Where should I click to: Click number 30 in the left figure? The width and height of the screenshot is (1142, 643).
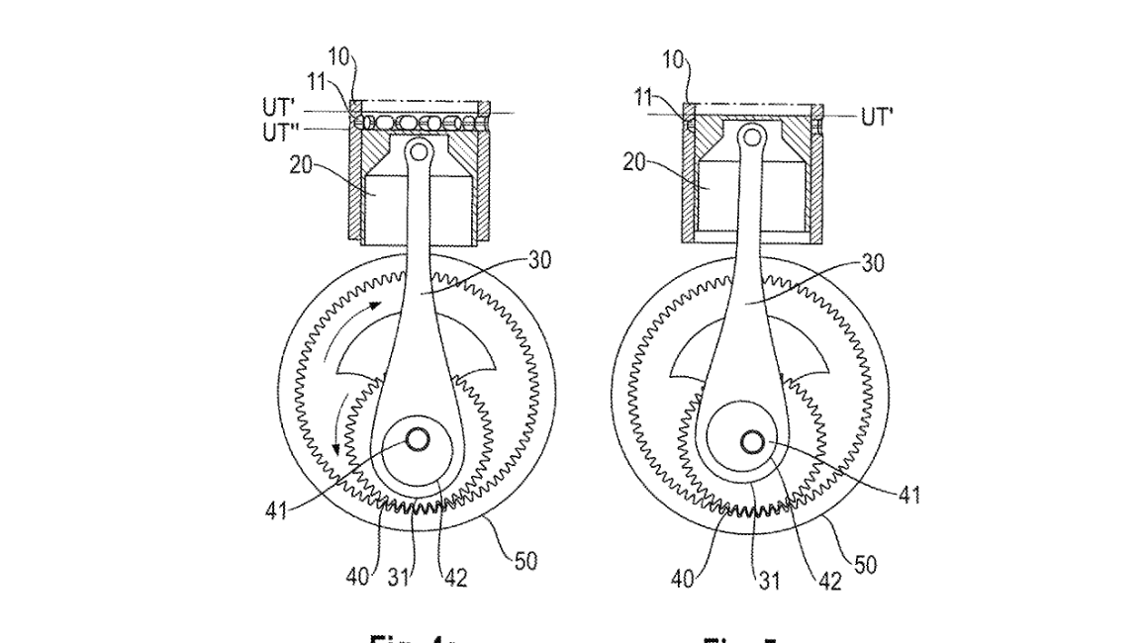click(537, 261)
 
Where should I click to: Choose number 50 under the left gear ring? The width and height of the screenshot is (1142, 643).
click(524, 563)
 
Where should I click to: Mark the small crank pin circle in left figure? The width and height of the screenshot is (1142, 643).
click(417, 437)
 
